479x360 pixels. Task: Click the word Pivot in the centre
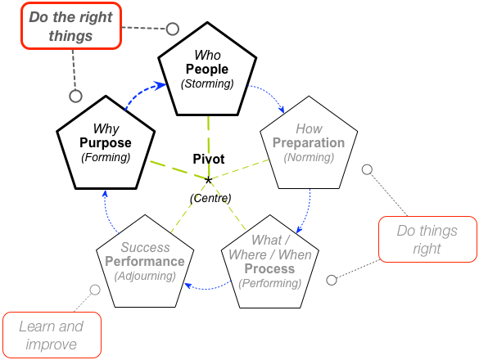[209, 159]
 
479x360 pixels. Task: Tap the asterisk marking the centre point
[208, 181]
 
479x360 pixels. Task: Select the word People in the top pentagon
[207, 70]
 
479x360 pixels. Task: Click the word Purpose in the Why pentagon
[106, 143]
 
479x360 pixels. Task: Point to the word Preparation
[309, 143]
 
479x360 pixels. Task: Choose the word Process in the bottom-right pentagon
[269, 268]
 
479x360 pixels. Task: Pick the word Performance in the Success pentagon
[145, 262]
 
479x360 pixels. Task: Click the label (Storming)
[207, 83]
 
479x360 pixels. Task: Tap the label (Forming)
[106, 158]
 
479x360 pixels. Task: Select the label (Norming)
[309, 158]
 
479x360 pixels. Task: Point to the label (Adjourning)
[145, 276]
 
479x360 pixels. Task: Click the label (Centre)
[210, 198]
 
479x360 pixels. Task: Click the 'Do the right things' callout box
[71, 25]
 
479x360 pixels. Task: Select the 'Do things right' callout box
[427, 240]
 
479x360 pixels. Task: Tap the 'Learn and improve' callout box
[52, 335]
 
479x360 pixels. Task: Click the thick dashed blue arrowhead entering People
[160, 85]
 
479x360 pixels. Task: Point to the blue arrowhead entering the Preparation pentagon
[282, 109]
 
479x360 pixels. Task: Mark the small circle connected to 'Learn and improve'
[95, 290]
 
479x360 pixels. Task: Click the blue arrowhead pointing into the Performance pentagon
[188, 286]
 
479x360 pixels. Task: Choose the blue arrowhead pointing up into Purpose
[105, 194]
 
